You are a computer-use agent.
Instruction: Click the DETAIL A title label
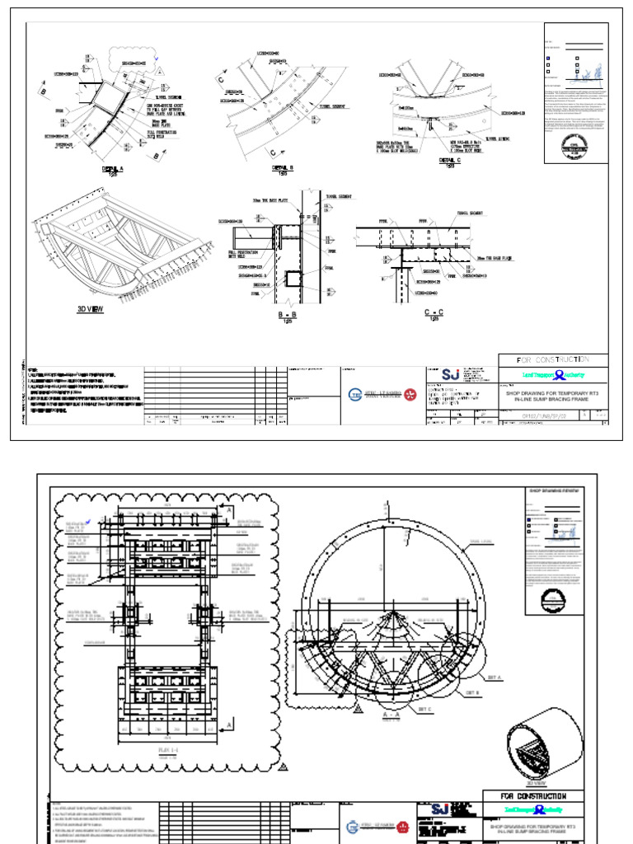[x=111, y=167]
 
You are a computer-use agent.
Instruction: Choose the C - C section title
[x=433, y=314]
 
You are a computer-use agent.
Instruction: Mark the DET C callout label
[x=424, y=708]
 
